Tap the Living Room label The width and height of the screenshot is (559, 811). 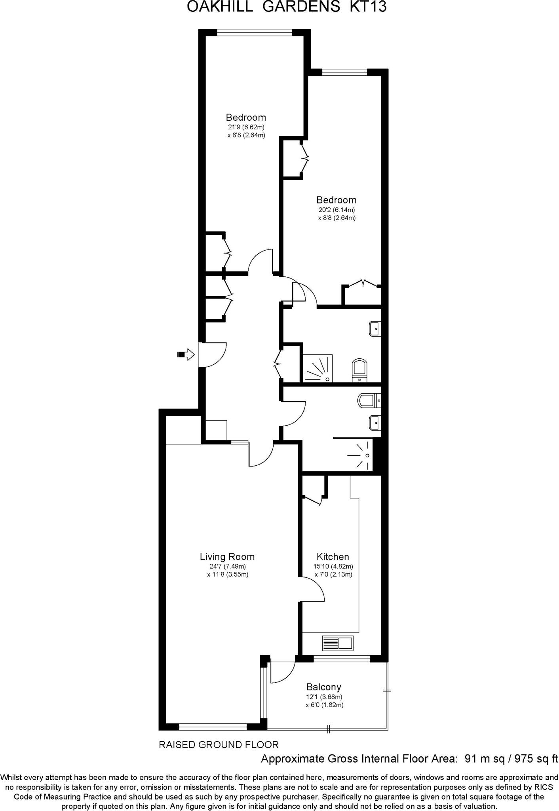[227, 557]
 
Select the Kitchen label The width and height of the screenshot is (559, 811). [333, 557]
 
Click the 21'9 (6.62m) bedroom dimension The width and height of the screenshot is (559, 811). [245, 127]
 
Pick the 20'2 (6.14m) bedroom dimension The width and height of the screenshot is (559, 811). [337, 210]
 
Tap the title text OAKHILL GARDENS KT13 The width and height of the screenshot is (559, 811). [286, 7]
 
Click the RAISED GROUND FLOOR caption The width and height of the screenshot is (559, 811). [219, 745]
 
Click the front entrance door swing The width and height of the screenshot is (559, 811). [213, 354]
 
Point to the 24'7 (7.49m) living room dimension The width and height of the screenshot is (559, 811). [228, 566]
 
